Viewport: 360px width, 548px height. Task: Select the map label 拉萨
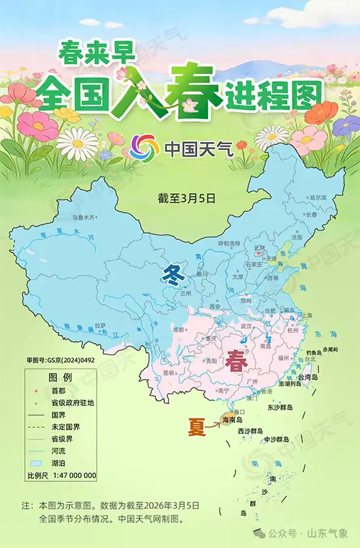pos(100,325)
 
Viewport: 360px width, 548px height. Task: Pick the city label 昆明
pos(169,373)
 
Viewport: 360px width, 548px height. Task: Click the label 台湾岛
pos(308,378)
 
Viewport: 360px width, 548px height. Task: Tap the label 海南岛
pos(232,419)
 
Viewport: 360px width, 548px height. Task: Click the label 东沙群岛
pos(279,407)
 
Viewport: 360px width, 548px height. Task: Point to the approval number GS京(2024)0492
pos(60,360)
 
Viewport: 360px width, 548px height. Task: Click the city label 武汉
pos(246,325)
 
